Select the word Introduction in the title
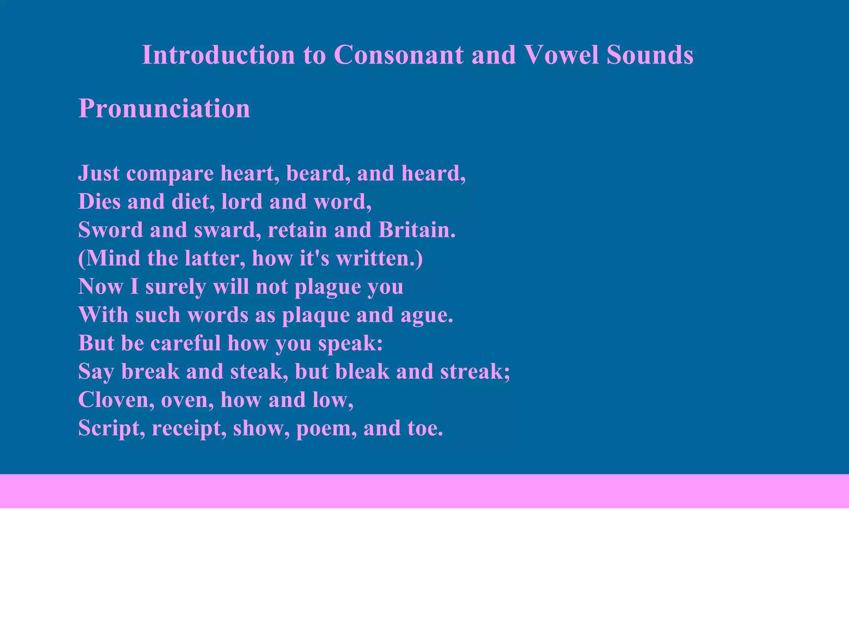218,55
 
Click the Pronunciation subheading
164,109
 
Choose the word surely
175,287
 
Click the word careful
185,343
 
